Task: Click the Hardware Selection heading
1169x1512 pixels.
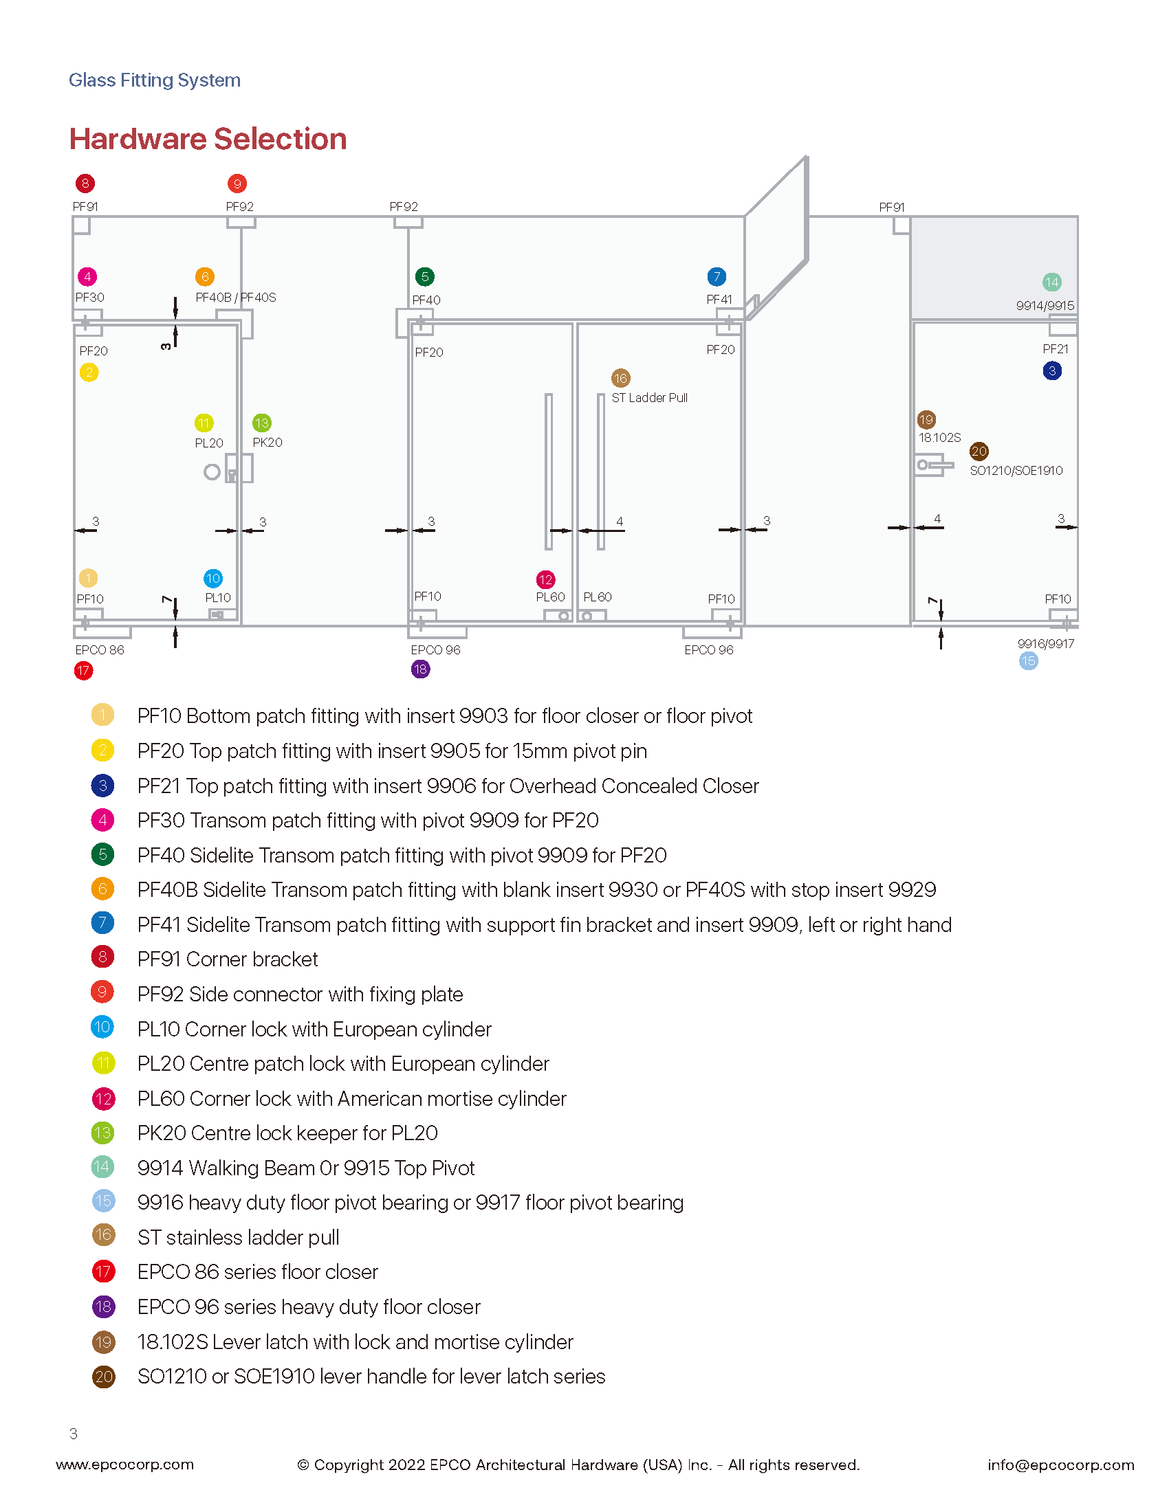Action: pyautogui.click(x=208, y=139)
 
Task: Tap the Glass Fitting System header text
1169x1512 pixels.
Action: pyautogui.click(x=155, y=80)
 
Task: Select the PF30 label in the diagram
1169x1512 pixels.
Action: pyautogui.click(x=89, y=298)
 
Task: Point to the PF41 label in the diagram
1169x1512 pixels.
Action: pyautogui.click(x=719, y=300)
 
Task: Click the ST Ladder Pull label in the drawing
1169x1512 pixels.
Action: pyautogui.click(x=650, y=398)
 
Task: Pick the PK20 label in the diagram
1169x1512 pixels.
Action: pyautogui.click(x=267, y=443)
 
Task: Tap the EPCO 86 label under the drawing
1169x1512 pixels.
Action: pyautogui.click(x=100, y=650)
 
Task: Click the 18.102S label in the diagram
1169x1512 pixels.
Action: pyautogui.click(x=940, y=438)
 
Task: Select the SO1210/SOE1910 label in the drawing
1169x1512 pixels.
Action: pyautogui.click(x=1016, y=471)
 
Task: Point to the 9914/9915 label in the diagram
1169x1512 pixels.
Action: pyautogui.click(x=1045, y=306)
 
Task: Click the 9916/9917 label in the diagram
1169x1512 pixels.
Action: pyautogui.click(x=1046, y=644)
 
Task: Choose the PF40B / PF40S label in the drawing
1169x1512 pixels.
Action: pyautogui.click(x=235, y=298)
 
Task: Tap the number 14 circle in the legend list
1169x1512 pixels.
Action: pyautogui.click(x=102, y=1167)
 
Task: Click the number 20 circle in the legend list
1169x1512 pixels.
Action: pyautogui.click(x=103, y=1377)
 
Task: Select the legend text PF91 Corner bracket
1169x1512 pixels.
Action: pyautogui.click(x=228, y=959)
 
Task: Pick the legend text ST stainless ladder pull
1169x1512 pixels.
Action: pyautogui.click(x=238, y=1237)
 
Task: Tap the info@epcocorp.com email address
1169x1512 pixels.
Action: pyautogui.click(x=1061, y=1465)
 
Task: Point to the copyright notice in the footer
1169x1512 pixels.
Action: pyautogui.click(x=578, y=1465)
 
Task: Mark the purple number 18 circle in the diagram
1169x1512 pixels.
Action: pyautogui.click(x=420, y=669)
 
